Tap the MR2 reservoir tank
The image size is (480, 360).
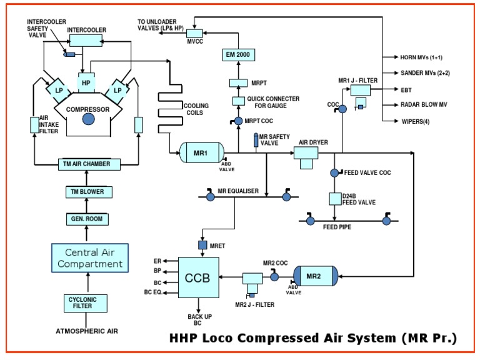(315, 276)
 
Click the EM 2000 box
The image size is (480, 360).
(238, 54)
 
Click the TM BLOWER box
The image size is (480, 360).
(86, 191)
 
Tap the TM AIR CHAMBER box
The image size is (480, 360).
(86, 164)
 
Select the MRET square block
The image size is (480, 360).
(202, 245)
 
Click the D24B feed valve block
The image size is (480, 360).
(334, 199)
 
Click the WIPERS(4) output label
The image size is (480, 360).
(417, 121)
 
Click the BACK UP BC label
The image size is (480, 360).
(199, 321)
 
